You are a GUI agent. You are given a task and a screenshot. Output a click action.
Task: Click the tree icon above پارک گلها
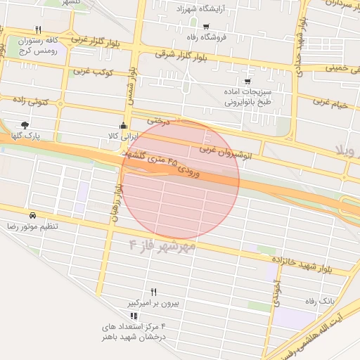coord(25,124)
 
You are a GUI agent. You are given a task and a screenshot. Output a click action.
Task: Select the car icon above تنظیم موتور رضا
coord(32,215)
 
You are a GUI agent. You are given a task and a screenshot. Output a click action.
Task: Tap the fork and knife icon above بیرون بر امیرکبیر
coord(154,292)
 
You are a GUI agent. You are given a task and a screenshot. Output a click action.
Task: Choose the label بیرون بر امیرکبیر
coord(153,303)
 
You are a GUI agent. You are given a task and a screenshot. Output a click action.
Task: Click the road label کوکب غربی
coord(91,71)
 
